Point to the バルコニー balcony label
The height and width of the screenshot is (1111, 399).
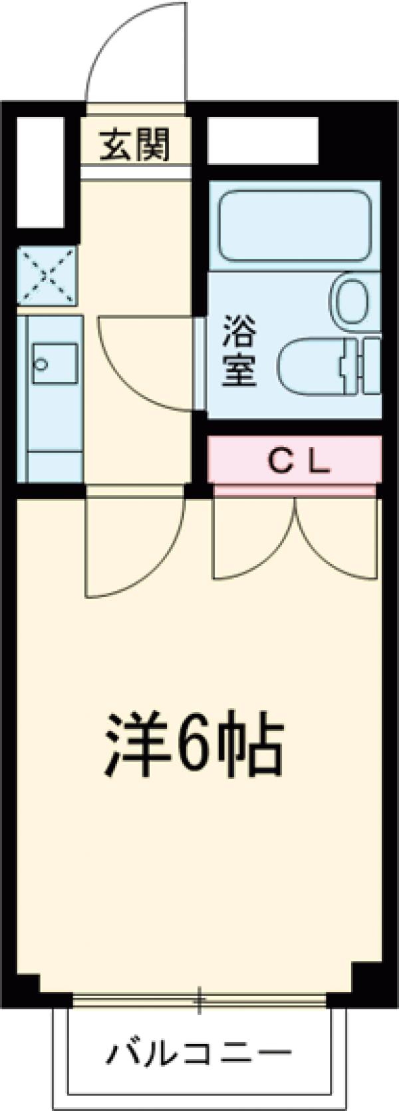(200, 1052)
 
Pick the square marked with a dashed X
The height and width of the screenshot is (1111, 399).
(47, 273)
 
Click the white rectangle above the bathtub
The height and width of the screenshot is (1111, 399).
(262, 139)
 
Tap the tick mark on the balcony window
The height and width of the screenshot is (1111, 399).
(199, 999)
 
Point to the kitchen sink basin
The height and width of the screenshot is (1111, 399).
(55, 365)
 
